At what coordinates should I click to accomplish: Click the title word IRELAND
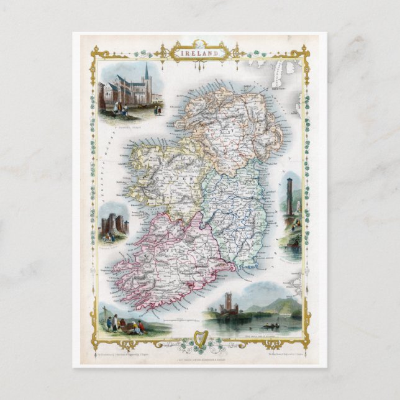pyautogui.click(x=200, y=53)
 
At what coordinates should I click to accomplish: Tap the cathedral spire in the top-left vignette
pyautogui.click(x=147, y=71)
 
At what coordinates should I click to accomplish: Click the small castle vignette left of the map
pyautogui.click(x=114, y=224)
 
